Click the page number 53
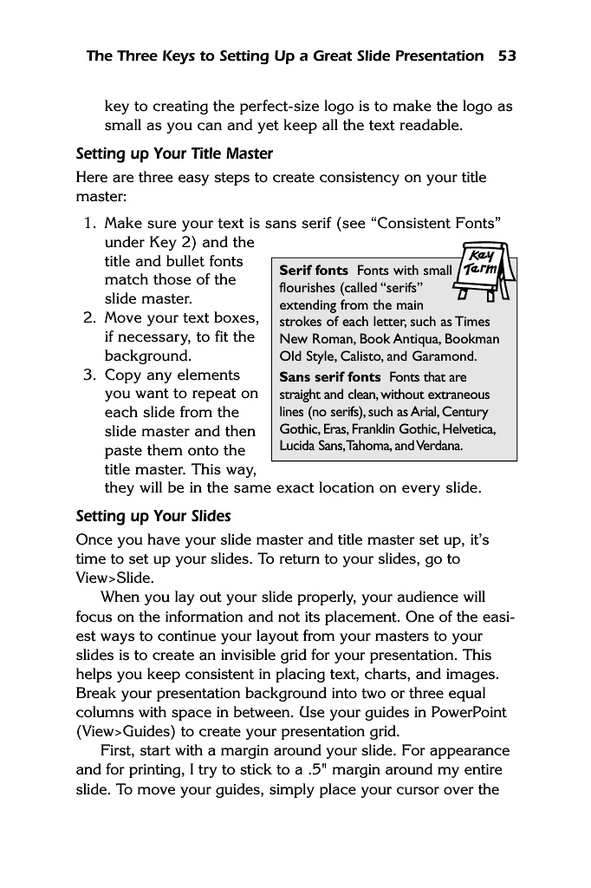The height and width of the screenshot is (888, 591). pos(507,56)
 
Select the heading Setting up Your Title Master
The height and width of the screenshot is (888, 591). pos(174,154)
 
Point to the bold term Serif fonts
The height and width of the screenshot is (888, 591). pos(314,271)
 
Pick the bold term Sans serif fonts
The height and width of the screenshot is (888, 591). pos(330,377)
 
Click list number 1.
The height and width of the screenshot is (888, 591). pos(89,224)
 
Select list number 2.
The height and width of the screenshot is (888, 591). pos(89,318)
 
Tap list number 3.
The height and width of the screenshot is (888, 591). pos(89,375)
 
